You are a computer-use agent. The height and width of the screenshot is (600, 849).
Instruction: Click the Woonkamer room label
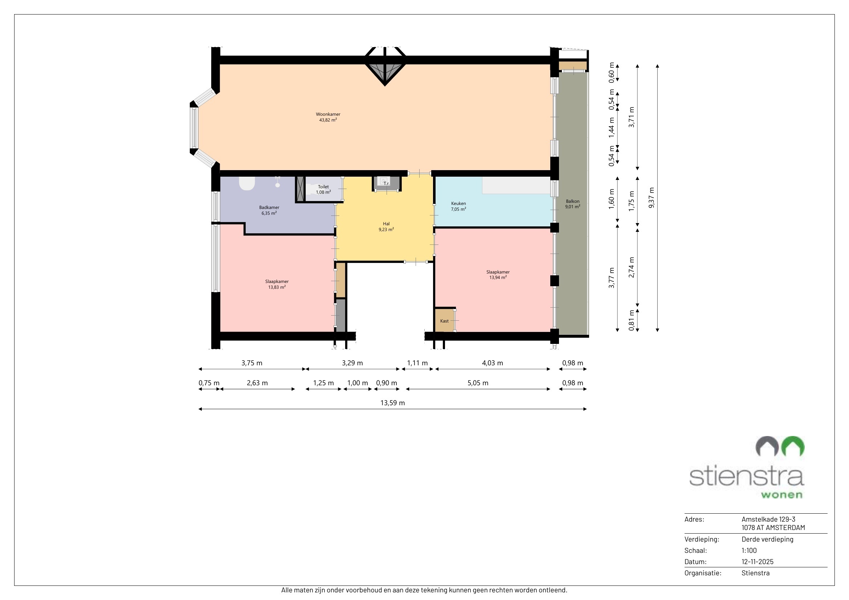click(328, 117)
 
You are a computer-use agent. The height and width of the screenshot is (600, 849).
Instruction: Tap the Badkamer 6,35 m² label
click(269, 210)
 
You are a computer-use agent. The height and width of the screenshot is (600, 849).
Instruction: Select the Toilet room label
click(323, 189)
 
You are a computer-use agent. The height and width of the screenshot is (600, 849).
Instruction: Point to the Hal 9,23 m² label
click(386, 226)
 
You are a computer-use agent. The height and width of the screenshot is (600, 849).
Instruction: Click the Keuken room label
click(458, 206)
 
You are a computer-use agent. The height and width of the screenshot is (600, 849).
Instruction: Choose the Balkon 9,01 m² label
click(572, 204)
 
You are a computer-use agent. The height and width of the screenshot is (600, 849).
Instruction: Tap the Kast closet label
click(445, 321)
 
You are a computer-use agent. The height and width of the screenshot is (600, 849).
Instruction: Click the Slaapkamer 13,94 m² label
click(498, 275)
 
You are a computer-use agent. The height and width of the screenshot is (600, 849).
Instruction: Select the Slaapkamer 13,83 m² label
click(277, 284)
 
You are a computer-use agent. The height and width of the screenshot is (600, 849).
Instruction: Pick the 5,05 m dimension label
click(478, 383)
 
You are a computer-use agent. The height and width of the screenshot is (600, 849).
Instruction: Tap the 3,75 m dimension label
click(252, 363)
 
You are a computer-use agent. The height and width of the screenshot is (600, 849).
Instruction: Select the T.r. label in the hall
click(387, 184)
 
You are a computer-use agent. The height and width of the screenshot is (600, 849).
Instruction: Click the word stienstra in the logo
click(747, 476)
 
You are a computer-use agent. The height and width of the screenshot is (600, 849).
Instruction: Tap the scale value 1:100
click(749, 551)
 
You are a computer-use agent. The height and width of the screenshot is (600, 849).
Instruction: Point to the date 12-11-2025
click(757, 562)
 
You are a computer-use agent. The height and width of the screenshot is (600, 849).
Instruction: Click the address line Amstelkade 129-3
click(768, 519)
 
